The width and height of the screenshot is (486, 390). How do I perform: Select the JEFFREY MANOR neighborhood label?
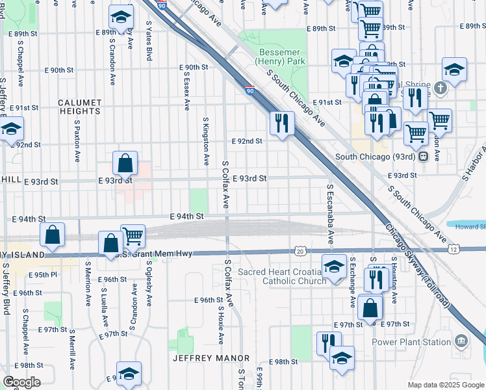pyautogui.click(x=211, y=358)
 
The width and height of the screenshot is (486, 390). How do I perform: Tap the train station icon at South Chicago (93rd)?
pyautogui.click(x=422, y=157)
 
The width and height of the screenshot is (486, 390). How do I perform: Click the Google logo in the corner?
pyautogui.click(x=21, y=382)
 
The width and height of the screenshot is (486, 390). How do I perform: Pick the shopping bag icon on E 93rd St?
pyautogui.click(x=125, y=162)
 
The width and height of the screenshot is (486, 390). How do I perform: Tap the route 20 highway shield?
pyautogui.click(x=300, y=250)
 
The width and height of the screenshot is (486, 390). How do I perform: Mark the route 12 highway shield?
pyautogui.click(x=454, y=249)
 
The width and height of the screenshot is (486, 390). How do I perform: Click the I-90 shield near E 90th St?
pyautogui.click(x=250, y=90)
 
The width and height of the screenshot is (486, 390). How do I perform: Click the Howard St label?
pyautogui.click(x=470, y=227)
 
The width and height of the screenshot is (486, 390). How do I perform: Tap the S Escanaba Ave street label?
pyautogui.click(x=331, y=213)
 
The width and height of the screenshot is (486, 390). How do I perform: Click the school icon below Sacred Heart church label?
pyautogui.click(x=334, y=266)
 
